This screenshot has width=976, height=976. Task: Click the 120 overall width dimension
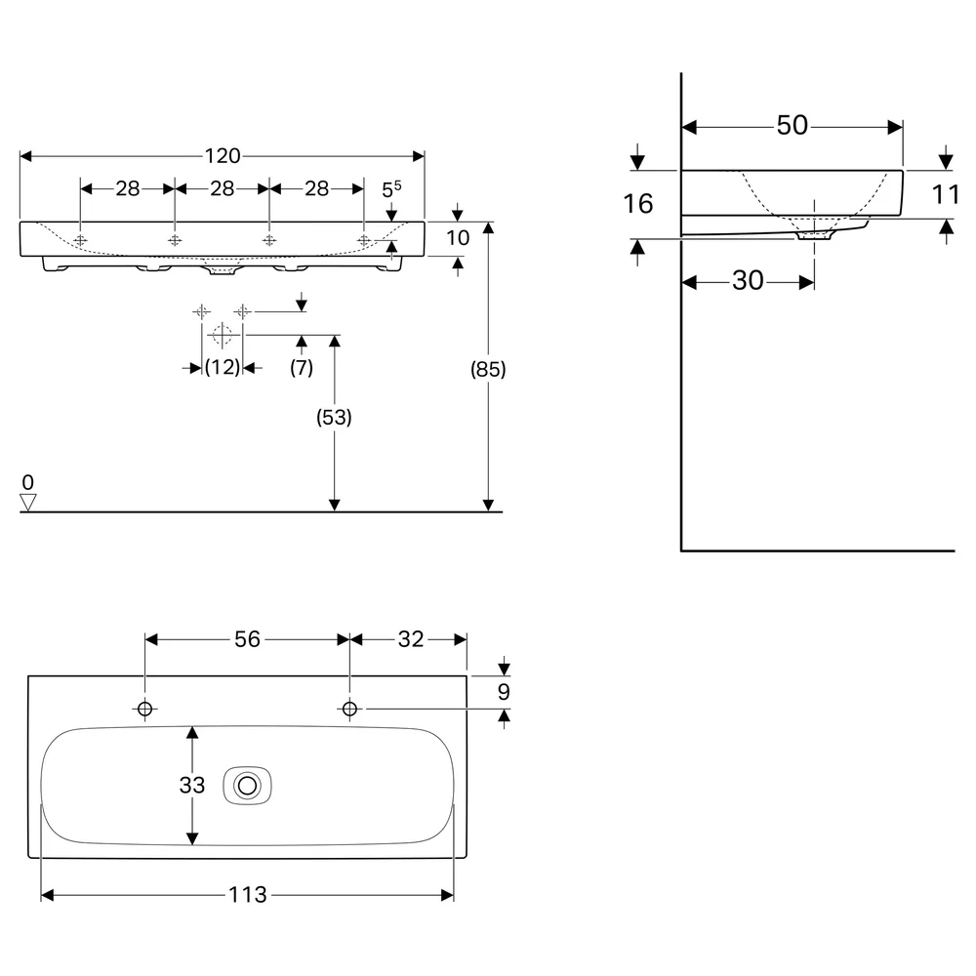click(223, 155)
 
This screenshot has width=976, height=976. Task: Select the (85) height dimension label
click(488, 369)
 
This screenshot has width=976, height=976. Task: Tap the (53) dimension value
click(334, 417)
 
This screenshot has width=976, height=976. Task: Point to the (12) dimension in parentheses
click(223, 367)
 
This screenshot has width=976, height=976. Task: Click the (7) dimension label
click(302, 367)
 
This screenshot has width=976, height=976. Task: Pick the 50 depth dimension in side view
click(792, 125)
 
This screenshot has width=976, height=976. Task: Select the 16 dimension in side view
click(638, 204)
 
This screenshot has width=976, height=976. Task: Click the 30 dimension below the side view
click(748, 281)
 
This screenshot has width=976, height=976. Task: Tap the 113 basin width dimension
click(248, 895)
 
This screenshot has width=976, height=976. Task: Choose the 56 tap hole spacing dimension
click(247, 639)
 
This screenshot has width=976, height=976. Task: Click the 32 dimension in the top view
click(411, 639)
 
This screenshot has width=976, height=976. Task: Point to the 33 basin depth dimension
click(191, 786)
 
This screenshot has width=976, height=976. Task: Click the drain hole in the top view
click(247, 786)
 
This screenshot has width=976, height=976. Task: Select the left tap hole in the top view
click(145, 709)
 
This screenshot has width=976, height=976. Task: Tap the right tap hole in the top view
click(349, 709)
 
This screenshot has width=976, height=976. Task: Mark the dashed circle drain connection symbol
click(223, 335)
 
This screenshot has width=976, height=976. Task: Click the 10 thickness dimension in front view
click(458, 238)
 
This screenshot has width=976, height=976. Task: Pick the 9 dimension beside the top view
click(505, 692)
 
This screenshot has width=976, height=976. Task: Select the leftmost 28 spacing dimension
click(128, 188)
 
